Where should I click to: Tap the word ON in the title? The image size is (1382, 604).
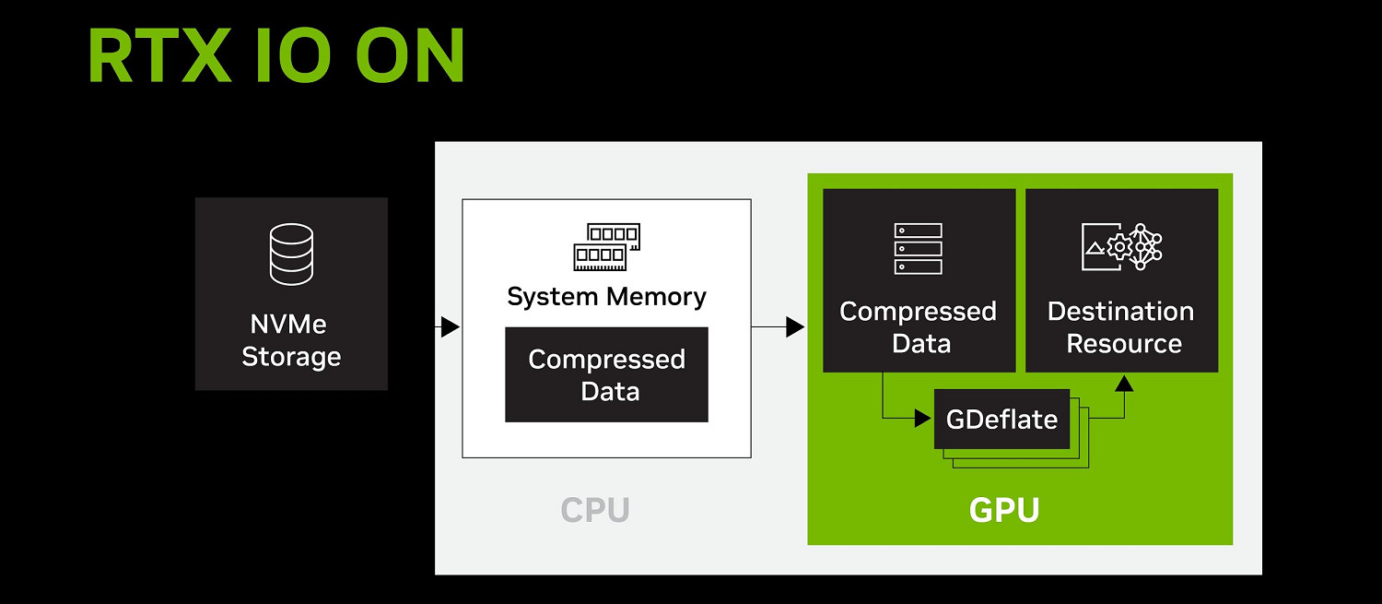pyautogui.click(x=410, y=56)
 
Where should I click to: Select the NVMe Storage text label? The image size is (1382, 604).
pyautogui.click(x=291, y=340)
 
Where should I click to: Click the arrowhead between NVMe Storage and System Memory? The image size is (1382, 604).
pyautogui.click(x=450, y=326)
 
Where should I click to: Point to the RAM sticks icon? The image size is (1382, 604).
pyautogui.click(x=606, y=246)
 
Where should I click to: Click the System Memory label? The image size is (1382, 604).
pyautogui.click(x=606, y=297)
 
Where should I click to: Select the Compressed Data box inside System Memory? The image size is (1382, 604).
pyautogui.click(x=606, y=374)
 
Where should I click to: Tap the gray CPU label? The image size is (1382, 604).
pyautogui.click(x=594, y=510)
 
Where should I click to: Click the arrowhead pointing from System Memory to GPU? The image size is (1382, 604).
pyautogui.click(x=794, y=326)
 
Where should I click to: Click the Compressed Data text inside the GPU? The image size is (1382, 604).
pyautogui.click(x=919, y=327)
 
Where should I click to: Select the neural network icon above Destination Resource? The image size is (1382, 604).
pyautogui.click(x=1121, y=246)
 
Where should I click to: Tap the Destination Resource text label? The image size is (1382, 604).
pyautogui.click(x=1121, y=327)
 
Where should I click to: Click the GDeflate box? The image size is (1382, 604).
pyautogui.click(x=1001, y=420)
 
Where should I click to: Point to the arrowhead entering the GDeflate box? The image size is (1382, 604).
pyautogui.click(x=923, y=419)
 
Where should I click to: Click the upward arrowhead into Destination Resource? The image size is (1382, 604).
pyautogui.click(x=1123, y=382)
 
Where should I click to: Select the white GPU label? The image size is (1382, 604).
pyautogui.click(x=1003, y=510)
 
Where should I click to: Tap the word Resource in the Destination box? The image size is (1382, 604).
pyautogui.click(x=1123, y=344)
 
